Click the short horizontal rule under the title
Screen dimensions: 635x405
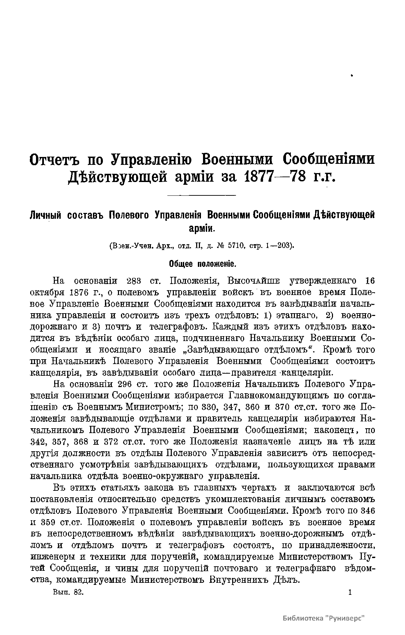click(x=201, y=196)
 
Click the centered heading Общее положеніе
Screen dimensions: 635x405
click(x=202, y=264)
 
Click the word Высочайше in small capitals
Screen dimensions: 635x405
click(x=254, y=281)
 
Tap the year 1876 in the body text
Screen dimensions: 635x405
click(x=79, y=293)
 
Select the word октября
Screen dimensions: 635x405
click(x=47, y=293)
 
